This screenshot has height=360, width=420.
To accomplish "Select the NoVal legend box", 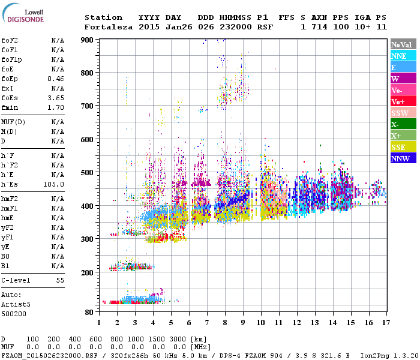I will (x=401, y=44).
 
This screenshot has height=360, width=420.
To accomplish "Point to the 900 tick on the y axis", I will (x=88, y=40).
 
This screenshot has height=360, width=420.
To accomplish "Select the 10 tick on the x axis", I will (x=261, y=323).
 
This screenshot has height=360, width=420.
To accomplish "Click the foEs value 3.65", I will (x=56, y=98).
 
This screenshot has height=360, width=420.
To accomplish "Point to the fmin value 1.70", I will (x=56, y=107).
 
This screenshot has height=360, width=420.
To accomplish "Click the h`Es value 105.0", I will (x=54, y=184).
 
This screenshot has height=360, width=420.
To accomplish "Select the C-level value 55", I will (x=60, y=280).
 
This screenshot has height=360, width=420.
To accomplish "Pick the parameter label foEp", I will (x=9, y=79).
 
